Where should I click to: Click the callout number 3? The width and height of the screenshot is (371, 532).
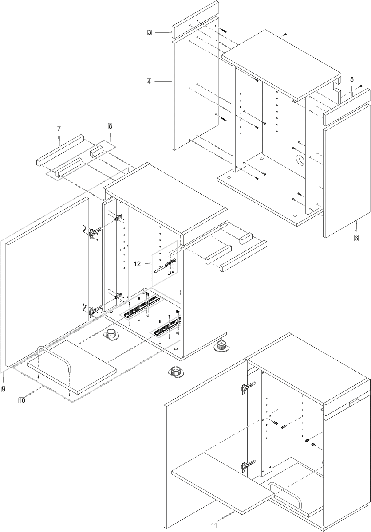pos(149,32)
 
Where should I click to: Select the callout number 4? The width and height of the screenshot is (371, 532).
pos(149,82)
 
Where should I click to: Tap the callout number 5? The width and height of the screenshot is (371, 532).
pos(352,79)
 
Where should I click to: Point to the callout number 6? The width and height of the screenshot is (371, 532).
pos(356,238)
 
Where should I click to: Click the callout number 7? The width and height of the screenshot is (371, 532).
pos(59,129)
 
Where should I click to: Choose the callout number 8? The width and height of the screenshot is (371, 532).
pos(110,126)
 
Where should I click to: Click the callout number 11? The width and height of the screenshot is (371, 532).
pos(214,526)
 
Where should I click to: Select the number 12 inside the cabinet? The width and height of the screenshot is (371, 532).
pos(137,264)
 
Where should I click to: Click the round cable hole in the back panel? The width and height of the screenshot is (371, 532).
pos(300,160)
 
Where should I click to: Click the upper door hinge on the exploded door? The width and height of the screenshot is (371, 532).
pos(93,231)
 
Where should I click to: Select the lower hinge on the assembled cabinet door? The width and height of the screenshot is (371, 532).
pos(247,471)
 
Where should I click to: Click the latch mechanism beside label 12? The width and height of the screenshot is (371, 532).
pos(166,266)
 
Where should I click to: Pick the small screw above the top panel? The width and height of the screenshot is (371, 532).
pos(285,35)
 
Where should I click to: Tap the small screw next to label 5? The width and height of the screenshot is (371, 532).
pos(361,86)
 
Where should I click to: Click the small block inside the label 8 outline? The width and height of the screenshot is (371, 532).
pos(96,152)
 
